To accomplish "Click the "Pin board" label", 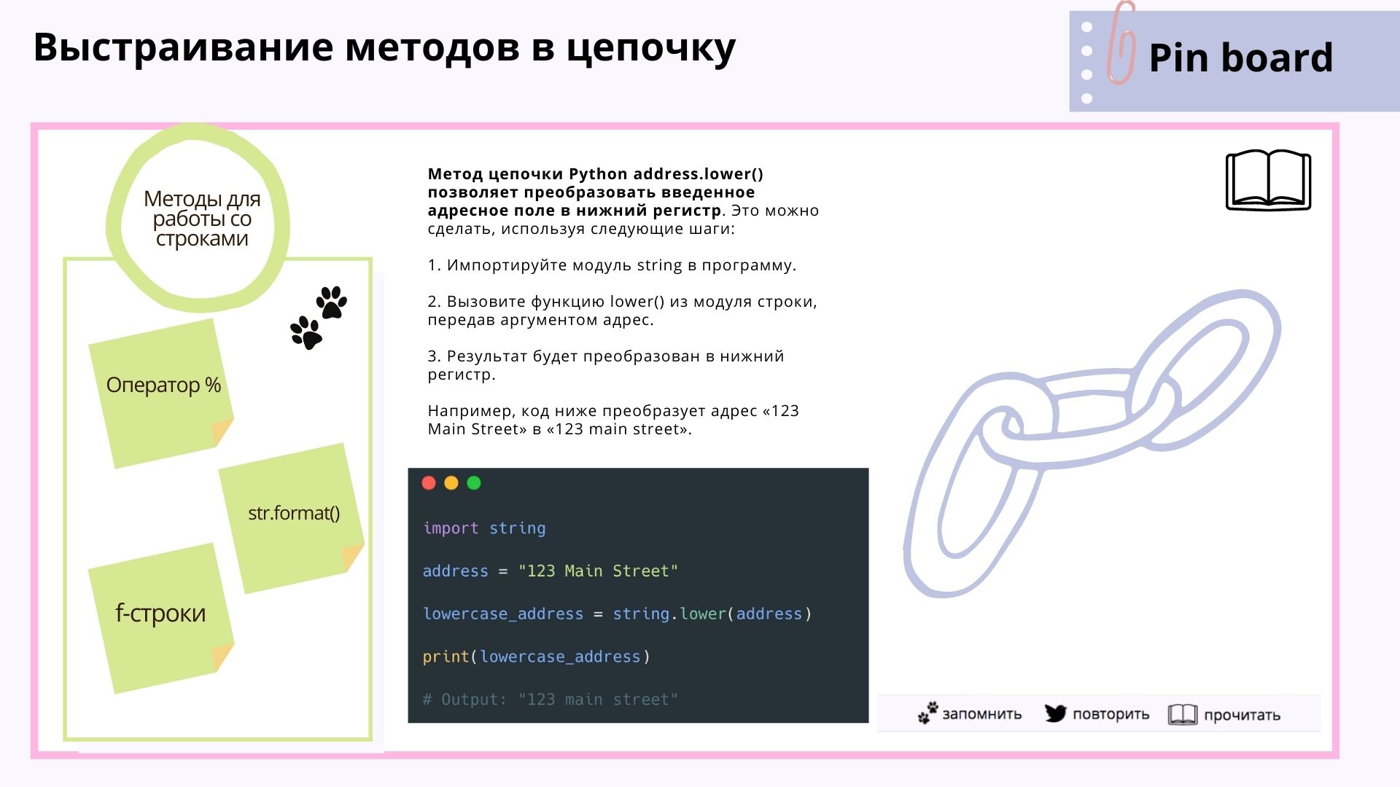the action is (x=1240, y=58).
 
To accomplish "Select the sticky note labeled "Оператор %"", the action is (x=161, y=393).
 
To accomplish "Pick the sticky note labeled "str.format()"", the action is (x=292, y=518).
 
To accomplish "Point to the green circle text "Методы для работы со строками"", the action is (x=202, y=219).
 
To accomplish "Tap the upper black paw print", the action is (x=332, y=302).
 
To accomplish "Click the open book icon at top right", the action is (x=1269, y=180).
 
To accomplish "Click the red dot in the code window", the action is (x=429, y=483).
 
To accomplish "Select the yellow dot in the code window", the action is (x=451, y=483).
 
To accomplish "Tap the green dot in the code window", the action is (x=474, y=483).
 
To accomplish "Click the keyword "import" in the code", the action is (x=451, y=528).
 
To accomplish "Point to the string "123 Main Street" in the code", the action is (x=598, y=571).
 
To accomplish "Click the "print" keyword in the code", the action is (x=446, y=657).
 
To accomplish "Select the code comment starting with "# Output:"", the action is (x=551, y=700).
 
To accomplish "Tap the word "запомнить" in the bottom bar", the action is (x=981, y=714).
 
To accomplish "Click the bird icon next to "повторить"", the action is (x=1055, y=713).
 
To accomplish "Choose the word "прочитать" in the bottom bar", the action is (x=1242, y=716).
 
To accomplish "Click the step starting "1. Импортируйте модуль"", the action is (x=612, y=265).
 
